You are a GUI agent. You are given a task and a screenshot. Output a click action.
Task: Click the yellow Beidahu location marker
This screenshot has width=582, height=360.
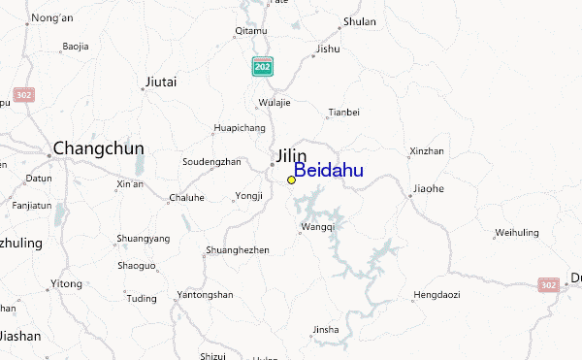point(291,180)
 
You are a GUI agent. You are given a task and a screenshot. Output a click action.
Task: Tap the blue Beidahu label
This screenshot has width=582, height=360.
point(329,171)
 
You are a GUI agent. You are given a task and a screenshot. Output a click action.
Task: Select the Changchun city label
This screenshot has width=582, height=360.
point(98,148)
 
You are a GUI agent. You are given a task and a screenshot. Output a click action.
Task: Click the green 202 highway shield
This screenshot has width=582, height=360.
point(262,66)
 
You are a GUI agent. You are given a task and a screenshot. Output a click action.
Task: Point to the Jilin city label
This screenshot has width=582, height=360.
point(290,155)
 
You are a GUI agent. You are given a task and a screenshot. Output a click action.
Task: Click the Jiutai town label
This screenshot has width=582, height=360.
point(161,82)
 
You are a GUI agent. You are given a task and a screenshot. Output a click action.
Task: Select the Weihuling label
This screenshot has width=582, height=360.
point(516,232)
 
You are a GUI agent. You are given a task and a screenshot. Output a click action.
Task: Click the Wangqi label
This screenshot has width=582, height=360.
point(318,227)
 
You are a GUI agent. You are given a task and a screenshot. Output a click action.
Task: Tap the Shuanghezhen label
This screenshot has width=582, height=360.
point(237,249)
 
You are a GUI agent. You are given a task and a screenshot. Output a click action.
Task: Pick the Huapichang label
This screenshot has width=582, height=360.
point(239,127)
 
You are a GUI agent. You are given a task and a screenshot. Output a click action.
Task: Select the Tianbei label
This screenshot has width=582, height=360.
point(343,113)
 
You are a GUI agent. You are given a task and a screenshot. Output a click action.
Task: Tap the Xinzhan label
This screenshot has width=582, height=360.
point(426,151)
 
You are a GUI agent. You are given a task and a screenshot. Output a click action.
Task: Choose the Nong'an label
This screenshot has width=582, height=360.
point(51,18)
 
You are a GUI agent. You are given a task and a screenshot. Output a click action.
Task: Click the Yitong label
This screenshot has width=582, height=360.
point(67,282)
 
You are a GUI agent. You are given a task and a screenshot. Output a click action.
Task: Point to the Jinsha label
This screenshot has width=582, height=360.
point(326,329)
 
